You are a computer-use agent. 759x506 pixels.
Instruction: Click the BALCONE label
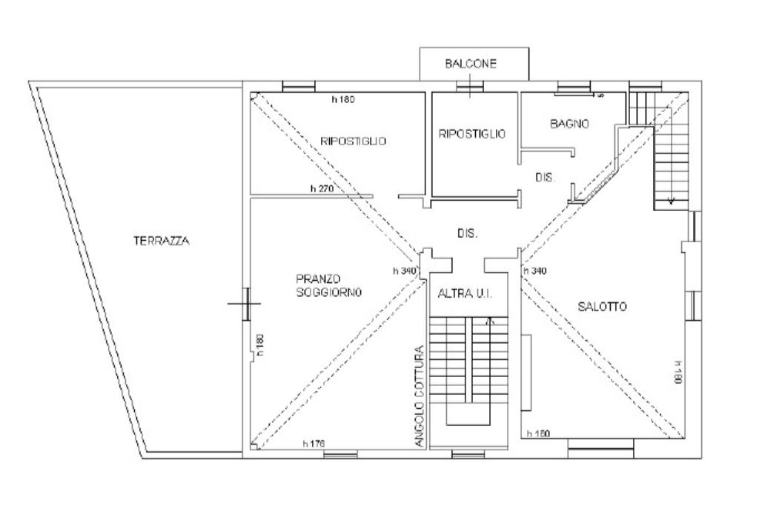[x=471, y=64]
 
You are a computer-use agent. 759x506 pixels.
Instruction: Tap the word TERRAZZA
[x=162, y=241]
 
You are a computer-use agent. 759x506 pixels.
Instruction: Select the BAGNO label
[x=570, y=124]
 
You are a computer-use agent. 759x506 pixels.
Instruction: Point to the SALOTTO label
[x=603, y=306]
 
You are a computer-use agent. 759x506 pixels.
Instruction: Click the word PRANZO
[x=318, y=279]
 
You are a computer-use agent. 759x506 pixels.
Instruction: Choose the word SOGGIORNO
[x=328, y=292]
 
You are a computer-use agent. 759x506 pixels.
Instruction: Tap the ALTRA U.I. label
[x=465, y=293]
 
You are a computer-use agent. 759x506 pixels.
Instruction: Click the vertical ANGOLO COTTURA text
[x=420, y=396]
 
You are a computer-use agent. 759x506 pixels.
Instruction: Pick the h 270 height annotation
[x=322, y=189]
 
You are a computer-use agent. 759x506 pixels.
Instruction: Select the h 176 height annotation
[x=314, y=443]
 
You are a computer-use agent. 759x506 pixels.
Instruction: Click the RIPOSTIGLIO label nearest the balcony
[x=472, y=134]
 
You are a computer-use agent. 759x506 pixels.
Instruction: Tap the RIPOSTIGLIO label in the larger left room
[x=354, y=142]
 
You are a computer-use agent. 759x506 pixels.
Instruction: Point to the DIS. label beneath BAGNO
[x=545, y=178]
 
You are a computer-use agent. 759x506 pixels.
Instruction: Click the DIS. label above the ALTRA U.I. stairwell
[x=468, y=233]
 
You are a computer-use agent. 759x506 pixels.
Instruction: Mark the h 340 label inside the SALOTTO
[x=535, y=271]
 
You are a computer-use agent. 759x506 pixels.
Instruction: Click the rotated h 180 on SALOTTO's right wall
[x=678, y=373]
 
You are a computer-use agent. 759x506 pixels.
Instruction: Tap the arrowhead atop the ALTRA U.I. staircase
[x=490, y=320]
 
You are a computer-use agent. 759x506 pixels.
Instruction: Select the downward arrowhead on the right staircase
[x=671, y=202]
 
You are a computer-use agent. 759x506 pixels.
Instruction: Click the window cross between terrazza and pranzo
[x=245, y=304]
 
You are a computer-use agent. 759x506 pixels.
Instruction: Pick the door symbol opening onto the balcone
[x=469, y=87]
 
